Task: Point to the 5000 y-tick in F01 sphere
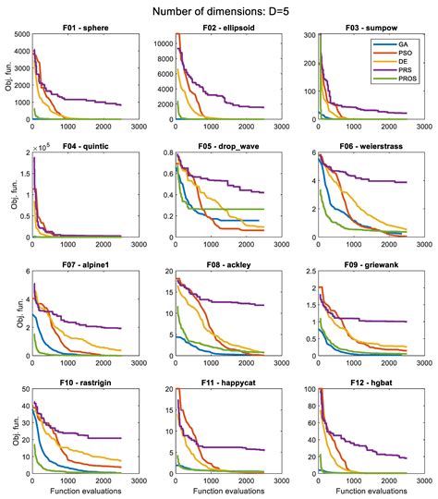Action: [20, 37]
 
